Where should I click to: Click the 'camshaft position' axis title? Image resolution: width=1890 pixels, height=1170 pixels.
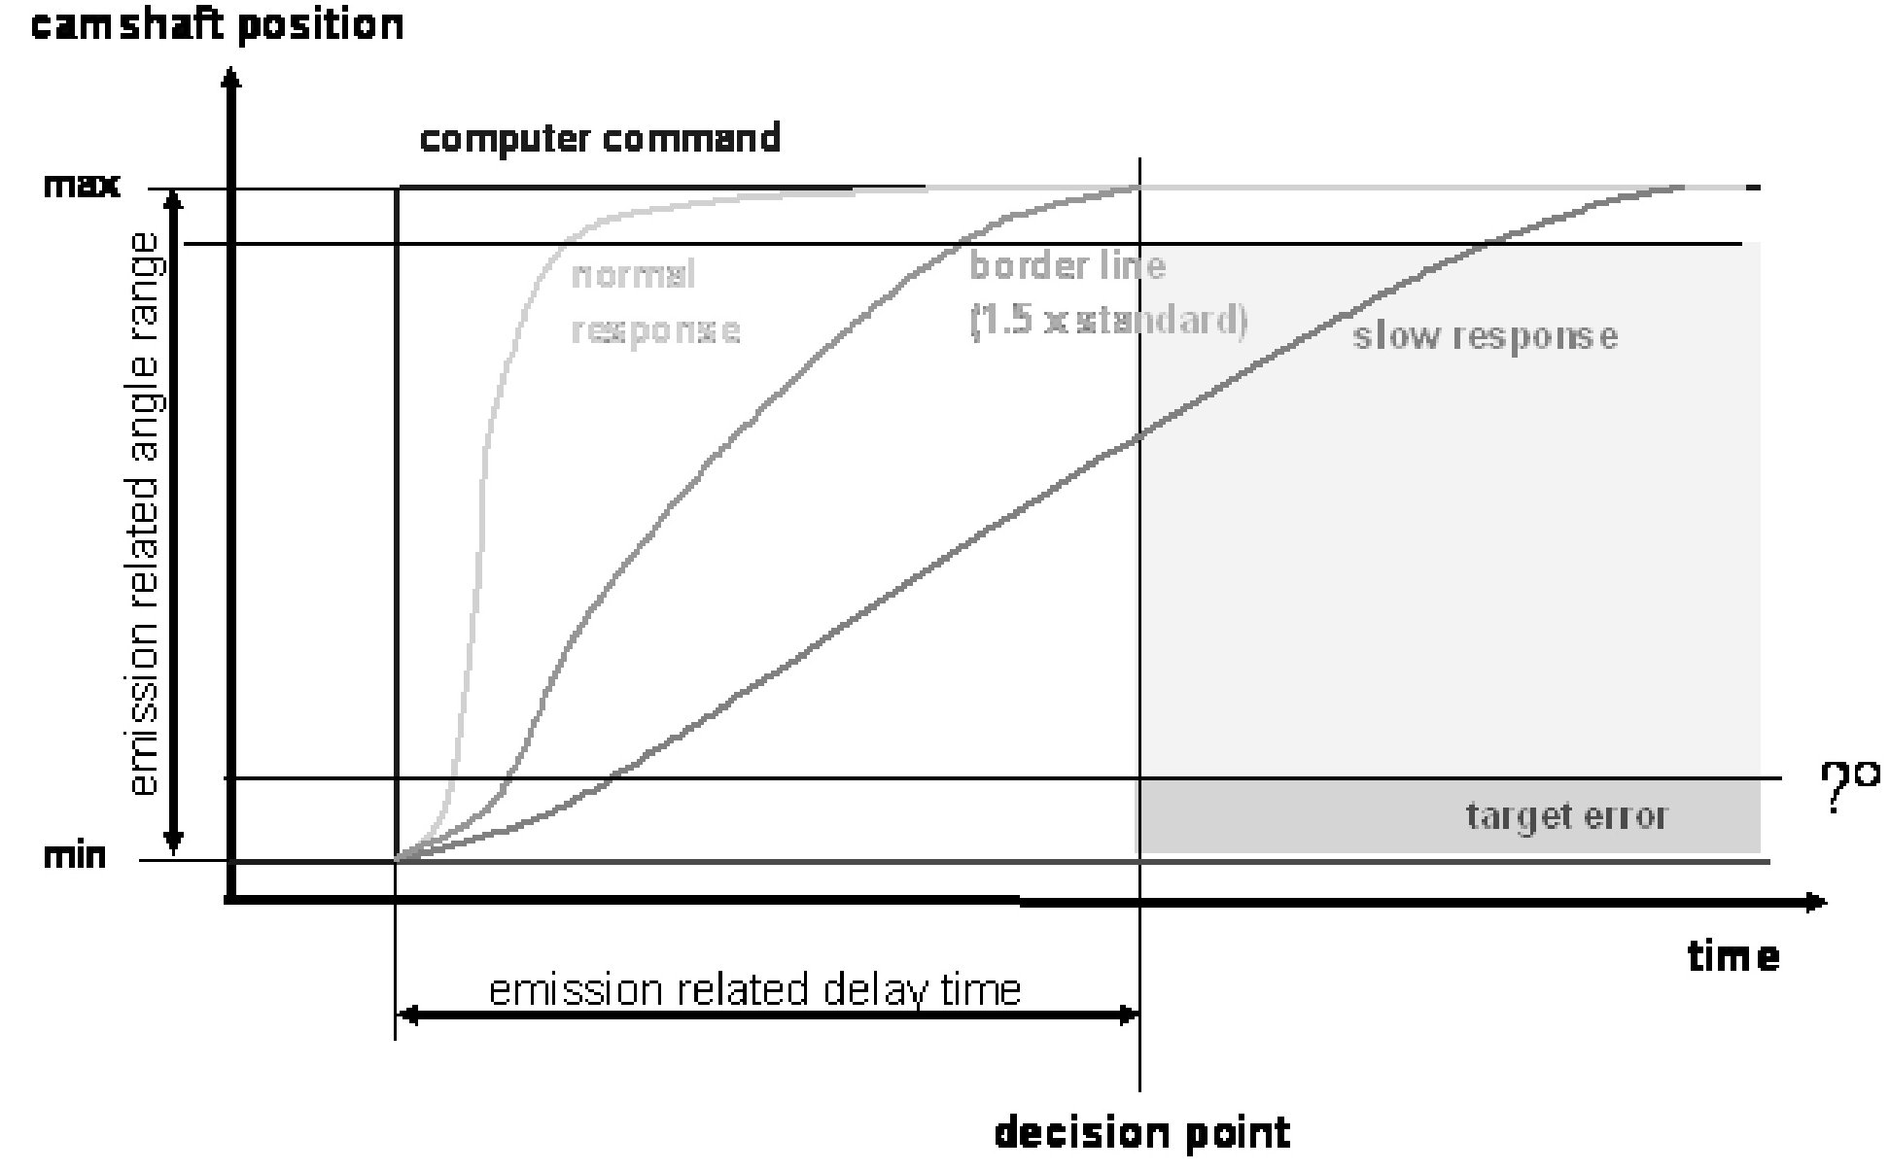click(x=217, y=23)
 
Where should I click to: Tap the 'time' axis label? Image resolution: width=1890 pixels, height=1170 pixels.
click(x=1733, y=957)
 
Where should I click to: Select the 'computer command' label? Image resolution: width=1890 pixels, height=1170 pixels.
click(x=600, y=139)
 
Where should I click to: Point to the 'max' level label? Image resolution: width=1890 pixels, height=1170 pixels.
click(x=82, y=186)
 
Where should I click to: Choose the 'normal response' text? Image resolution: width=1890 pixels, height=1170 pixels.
click(x=654, y=303)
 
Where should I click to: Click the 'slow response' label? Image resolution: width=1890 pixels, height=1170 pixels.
click(x=1485, y=336)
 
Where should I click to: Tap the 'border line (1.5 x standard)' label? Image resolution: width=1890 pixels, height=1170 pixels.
click(x=1106, y=292)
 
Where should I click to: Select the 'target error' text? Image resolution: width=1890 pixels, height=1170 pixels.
click(x=1565, y=815)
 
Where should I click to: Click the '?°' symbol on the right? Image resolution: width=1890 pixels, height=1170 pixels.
click(x=1848, y=788)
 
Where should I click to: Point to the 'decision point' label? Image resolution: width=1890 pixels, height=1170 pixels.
click(x=1142, y=1133)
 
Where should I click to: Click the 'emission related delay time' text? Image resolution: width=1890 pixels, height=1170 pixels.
click(x=754, y=990)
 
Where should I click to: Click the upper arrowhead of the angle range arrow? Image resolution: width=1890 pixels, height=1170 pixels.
click(x=173, y=199)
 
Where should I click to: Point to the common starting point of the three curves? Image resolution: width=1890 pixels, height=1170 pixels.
click(x=397, y=860)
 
